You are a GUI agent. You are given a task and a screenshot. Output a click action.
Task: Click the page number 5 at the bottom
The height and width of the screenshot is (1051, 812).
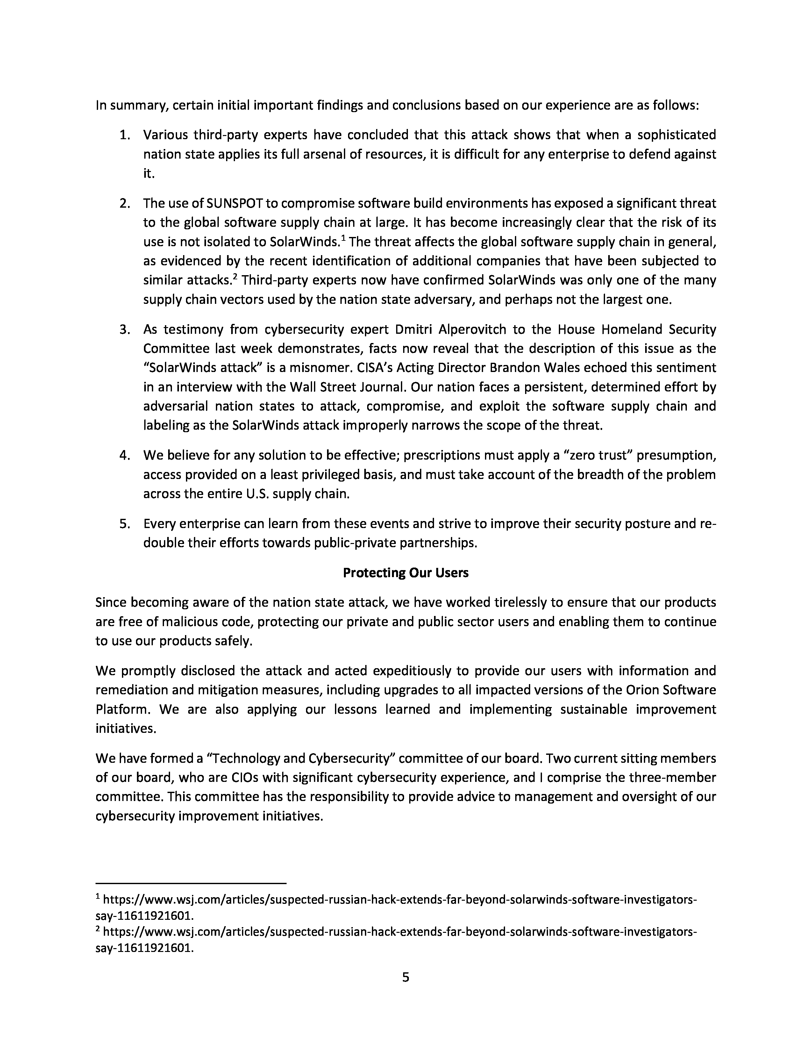click(x=405, y=977)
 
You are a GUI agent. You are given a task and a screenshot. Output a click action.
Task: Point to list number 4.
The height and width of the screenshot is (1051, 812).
click(x=125, y=455)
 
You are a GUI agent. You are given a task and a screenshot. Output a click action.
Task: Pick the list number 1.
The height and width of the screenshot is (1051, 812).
click(x=125, y=135)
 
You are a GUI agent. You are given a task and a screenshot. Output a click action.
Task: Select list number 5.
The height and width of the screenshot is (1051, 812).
click(x=125, y=524)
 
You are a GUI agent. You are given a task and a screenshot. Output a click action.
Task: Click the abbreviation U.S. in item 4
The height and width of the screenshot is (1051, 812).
click(x=257, y=494)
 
